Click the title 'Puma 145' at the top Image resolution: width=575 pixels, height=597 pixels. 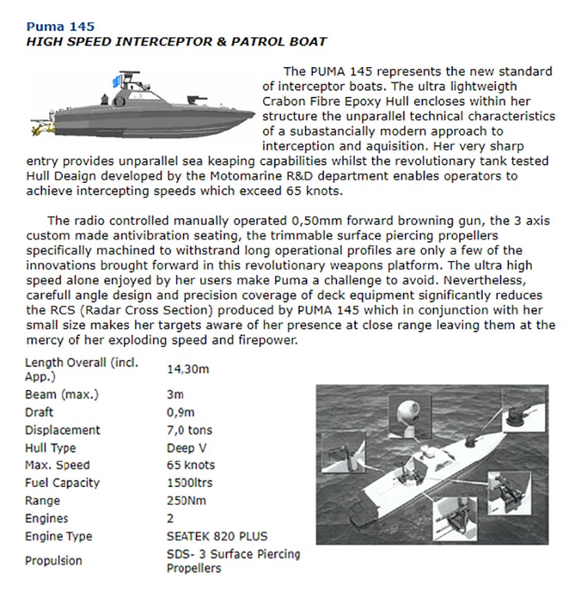click(x=55, y=27)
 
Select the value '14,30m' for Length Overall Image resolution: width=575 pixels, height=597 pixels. click(x=188, y=369)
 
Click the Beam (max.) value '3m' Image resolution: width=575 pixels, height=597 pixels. click(x=175, y=395)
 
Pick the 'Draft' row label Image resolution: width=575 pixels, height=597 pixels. click(x=39, y=412)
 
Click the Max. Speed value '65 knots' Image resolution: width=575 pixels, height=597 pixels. click(x=191, y=465)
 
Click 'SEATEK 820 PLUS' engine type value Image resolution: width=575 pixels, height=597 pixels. click(x=216, y=536)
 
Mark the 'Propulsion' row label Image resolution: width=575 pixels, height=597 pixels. click(x=53, y=561)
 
